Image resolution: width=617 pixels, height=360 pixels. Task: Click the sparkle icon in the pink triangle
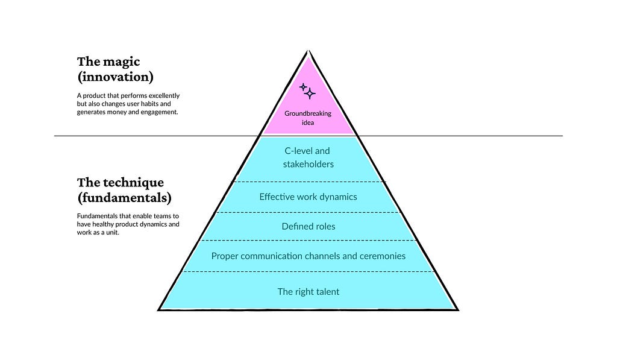(308, 90)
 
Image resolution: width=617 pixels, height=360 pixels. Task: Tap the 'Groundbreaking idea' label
(308, 118)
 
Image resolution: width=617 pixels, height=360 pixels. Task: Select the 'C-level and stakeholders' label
(308, 157)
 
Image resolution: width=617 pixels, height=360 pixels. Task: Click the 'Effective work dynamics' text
(308, 197)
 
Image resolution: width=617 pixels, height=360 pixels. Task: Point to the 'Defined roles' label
(308, 227)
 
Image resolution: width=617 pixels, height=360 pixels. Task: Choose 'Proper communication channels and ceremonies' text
(308, 256)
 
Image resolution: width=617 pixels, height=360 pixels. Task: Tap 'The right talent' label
(308, 292)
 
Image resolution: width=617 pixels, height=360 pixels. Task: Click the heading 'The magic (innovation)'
(115, 69)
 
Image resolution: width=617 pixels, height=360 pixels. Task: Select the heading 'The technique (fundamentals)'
(124, 189)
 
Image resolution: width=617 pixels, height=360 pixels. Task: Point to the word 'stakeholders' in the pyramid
(308, 164)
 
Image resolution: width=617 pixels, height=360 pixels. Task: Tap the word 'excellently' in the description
(161, 96)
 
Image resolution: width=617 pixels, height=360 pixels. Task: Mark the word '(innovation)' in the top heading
(115, 77)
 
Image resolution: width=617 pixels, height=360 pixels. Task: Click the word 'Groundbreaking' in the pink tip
(308, 113)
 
